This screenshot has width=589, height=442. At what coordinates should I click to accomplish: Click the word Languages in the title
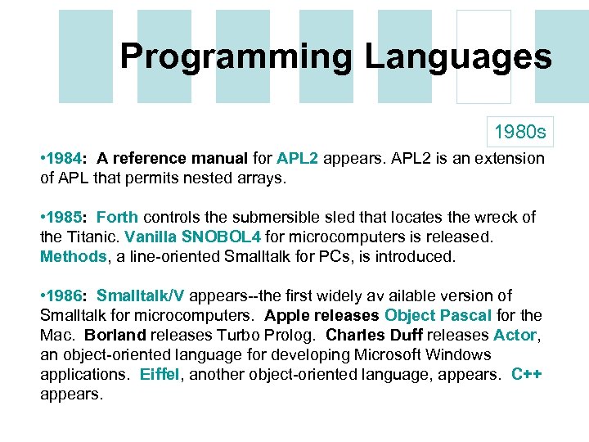tap(458, 57)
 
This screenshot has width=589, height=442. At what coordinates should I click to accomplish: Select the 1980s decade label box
tap(519, 130)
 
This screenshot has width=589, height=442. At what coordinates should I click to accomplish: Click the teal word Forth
tap(117, 217)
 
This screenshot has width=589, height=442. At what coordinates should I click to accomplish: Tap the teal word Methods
tap(73, 256)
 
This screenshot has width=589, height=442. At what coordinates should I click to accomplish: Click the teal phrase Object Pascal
tap(438, 315)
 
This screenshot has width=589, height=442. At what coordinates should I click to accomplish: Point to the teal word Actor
tap(515, 335)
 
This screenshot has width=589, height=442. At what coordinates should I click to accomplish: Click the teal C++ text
tap(527, 374)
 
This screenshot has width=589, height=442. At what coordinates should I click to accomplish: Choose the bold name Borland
tap(114, 335)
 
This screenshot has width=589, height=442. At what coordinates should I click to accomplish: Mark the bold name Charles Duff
tap(366, 335)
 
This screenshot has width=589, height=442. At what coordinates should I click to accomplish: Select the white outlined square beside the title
tap(483, 57)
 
